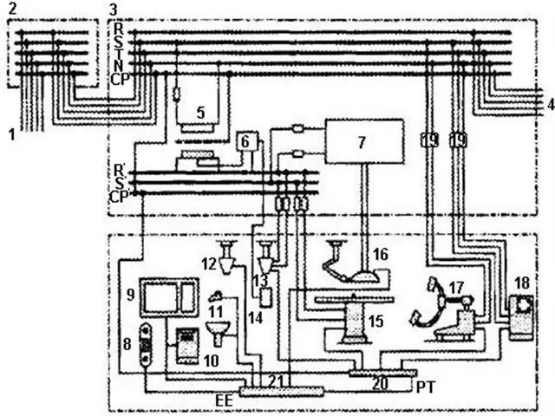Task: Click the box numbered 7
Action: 364,141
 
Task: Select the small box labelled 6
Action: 245,142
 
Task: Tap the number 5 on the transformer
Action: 200,113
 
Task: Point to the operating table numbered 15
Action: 354,318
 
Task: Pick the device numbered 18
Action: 521,318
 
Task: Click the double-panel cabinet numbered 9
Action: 169,297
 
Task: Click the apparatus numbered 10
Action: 187,346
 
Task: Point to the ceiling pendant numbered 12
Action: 226,257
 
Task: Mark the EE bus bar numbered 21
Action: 281,391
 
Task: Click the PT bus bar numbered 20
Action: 382,373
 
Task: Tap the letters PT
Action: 426,387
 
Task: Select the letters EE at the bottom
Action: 224,400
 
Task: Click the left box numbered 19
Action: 430,140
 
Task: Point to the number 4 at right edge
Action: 551,105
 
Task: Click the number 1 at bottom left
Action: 12,134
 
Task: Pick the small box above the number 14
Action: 266,297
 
